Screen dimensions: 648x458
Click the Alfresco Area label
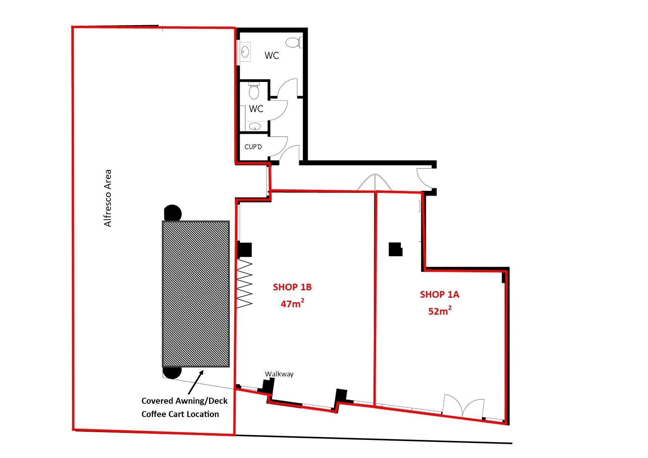tap(108, 198)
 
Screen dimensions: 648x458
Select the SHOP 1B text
tap(292, 287)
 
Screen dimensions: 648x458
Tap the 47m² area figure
tap(292, 303)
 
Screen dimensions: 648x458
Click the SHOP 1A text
tap(439, 294)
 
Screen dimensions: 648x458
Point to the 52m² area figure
tap(440, 311)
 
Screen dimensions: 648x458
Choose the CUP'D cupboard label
tap(253, 147)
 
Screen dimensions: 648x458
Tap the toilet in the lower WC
tap(254, 91)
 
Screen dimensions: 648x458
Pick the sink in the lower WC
tap(255, 126)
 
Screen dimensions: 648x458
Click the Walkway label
tap(279, 374)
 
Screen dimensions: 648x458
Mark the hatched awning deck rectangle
tap(196, 294)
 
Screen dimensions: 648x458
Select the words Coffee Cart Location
tap(180, 414)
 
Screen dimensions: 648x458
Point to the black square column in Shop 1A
tap(395, 249)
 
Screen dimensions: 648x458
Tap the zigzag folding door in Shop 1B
tap(245, 283)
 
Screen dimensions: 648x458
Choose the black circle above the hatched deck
tap(173, 213)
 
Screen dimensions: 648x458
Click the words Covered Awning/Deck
tap(184, 401)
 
